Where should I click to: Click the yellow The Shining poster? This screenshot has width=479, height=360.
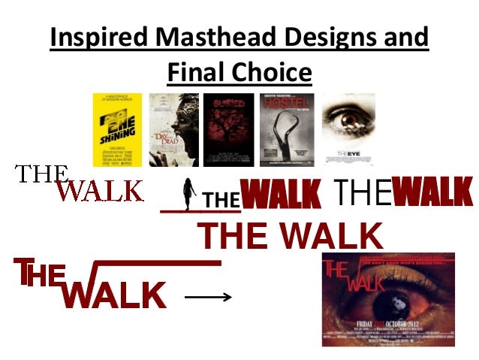pos(116,129)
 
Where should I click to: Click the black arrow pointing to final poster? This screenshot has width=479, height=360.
pos(207,298)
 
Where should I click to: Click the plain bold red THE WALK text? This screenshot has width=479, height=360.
pos(290,236)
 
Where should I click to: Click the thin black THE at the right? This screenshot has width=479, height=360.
pos(362,192)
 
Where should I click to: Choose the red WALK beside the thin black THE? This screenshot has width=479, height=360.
pos(433,192)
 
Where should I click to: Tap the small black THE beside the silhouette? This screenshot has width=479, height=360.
pos(221,201)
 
